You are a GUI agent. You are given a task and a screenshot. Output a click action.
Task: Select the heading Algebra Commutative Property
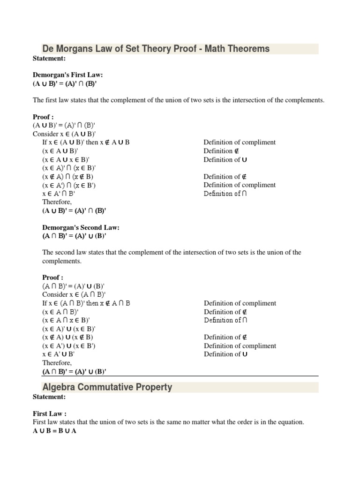point(107,387)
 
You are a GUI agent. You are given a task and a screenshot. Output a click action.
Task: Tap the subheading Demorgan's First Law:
point(67,75)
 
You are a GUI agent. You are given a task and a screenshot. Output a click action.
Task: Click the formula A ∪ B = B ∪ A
point(54,431)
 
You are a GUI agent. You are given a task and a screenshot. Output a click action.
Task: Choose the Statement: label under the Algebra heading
point(49,397)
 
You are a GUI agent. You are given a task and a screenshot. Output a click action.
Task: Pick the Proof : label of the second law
point(52,277)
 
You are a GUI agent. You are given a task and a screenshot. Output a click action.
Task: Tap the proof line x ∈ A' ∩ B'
point(59,193)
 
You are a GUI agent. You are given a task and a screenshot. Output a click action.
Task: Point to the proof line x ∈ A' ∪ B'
point(59,354)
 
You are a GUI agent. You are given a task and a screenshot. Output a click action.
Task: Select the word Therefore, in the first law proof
point(57,202)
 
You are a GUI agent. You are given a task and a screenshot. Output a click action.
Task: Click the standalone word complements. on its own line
point(62,261)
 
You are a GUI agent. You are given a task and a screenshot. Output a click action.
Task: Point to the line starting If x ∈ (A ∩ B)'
point(86,303)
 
